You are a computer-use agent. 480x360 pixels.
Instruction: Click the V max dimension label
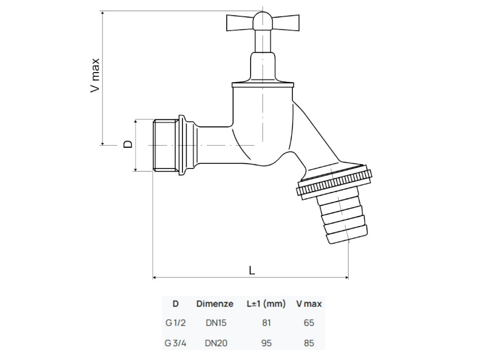pyautogui.click(x=95, y=75)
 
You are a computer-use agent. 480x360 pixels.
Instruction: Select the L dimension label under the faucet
pyautogui.click(x=252, y=270)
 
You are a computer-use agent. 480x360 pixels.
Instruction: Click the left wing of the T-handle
pyautogui.click(x=239, y=22)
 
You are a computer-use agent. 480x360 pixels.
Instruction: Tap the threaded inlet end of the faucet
pyautogui.click(x=166, y=146)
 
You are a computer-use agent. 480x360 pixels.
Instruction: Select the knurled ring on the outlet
pyautogui.click(x=334, y=182)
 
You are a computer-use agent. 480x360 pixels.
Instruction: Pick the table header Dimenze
pyautogui.click(x=214, y=304)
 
